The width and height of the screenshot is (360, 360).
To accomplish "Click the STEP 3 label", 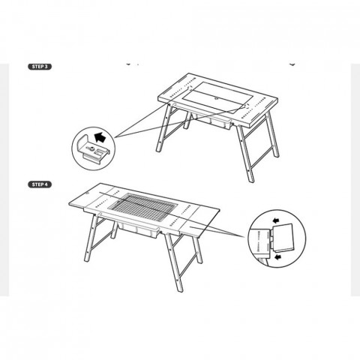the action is coord(40,67).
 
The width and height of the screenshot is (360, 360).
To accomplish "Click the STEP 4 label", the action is coord(40,184).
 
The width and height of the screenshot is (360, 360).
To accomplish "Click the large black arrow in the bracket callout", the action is coord(100,137).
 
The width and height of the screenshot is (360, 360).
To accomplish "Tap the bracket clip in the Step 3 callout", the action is coord(93,148).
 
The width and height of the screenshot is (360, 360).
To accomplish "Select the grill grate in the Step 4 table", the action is coord(143,207).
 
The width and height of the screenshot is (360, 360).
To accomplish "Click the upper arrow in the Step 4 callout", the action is coord(276,220).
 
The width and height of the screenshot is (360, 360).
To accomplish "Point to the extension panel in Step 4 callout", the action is coord(283,238).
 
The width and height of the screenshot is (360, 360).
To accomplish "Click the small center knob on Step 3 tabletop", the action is coord(217,98).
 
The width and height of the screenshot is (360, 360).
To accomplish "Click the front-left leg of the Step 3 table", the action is coord(163,128).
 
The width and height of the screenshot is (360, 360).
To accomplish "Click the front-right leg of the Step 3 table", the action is coord(245,153).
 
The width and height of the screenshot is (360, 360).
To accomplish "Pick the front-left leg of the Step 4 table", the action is coord(91,238).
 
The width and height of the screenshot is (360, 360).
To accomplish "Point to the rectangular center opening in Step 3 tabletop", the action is coord(217,97).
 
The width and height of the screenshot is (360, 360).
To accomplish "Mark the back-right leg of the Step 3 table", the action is coord(272,134).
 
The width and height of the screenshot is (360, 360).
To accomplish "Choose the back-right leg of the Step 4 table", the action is coord(196,249).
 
